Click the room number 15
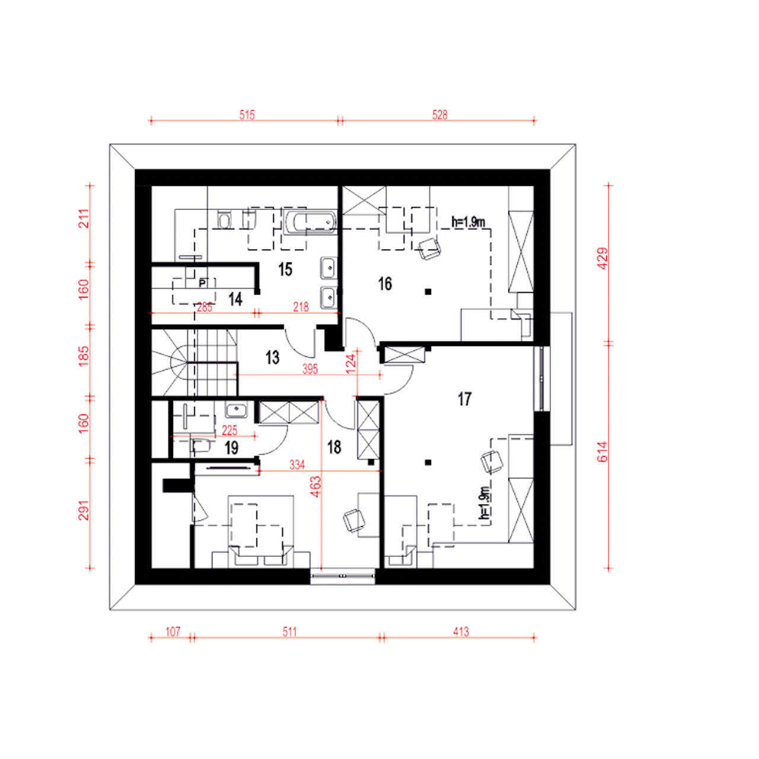(x=285, y=269)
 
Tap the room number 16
(x=385, y=283)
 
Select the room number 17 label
(x=464, y=399)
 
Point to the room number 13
(x=272, y=357)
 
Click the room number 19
(x=231, y=448)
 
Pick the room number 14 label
(x=235, y=299)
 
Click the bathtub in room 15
(x=310, y=222)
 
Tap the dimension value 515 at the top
(x=247, y=115)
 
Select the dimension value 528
(x=439, y=115)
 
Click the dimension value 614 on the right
(x=602, y=451)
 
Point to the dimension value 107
(x=173, y=632)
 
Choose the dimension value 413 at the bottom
(x=461, y=632)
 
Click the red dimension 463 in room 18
(x=315, y=486)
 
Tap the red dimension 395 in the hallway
(x=310, y=369)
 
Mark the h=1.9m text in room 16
(x=468, y=222)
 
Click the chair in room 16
(x=429, y=249)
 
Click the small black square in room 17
(x=428, y=463)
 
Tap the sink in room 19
(x=235, y=410)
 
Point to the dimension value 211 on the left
(x=84, y=219)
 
